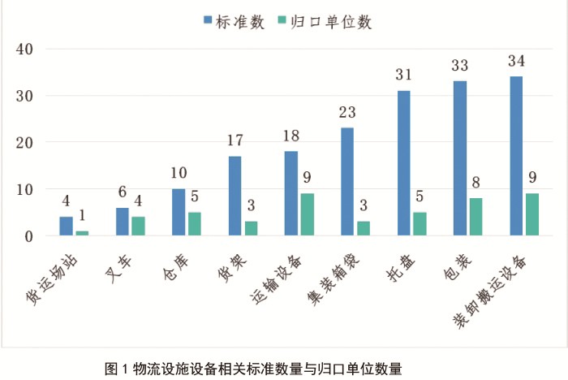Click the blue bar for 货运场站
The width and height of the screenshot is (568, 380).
coord(66,227)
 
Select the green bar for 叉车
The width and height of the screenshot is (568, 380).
coord(138,227)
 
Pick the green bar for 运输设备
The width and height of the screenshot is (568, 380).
coord(308,215)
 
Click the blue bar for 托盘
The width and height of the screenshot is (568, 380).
coord(404,163)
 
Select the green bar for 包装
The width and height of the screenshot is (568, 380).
coord(476,218)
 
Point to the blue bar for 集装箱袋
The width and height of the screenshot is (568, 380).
coord(347,182)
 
